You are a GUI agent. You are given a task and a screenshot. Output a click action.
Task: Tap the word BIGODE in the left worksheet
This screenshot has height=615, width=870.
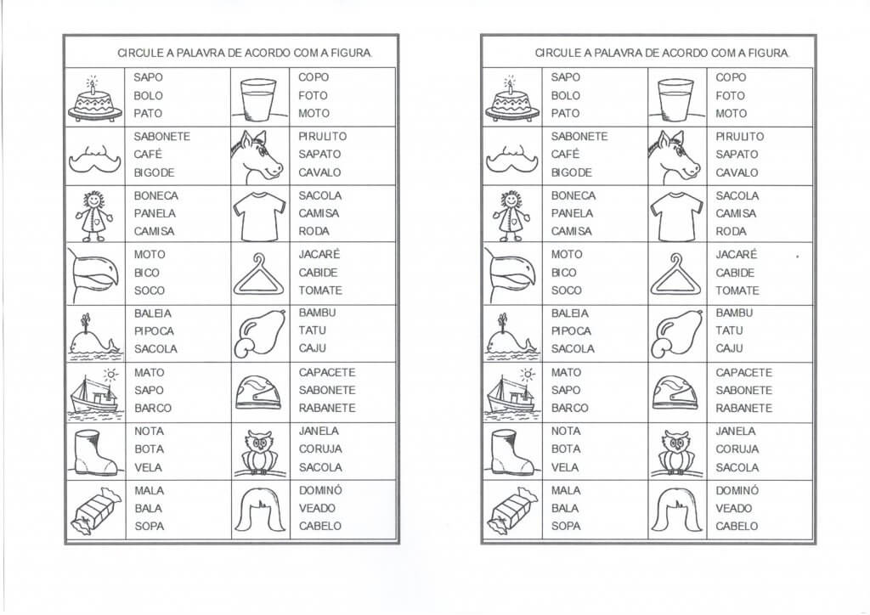tap(154, 172)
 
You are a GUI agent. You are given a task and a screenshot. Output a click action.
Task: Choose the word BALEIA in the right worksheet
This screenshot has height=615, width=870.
tap(569, 313)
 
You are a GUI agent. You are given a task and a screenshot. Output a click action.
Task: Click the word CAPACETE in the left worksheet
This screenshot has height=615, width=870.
tap(327, 372)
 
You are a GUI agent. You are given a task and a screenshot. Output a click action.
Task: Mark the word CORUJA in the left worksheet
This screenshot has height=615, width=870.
tap(320, 449)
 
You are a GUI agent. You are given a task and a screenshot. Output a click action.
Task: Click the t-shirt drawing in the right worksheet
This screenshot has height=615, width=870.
tap(676, 214)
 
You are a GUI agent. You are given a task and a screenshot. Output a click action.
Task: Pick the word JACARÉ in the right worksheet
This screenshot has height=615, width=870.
tap(736, 254)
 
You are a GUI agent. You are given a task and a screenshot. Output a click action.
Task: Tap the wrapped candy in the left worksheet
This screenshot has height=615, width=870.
tap(94, 513)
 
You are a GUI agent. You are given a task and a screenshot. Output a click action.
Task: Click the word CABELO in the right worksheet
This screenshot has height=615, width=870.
tap(737, 526)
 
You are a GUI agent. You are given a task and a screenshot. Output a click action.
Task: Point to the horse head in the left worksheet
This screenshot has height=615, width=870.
tap(257, 156)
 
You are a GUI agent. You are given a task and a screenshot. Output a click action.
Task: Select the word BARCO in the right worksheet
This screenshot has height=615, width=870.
tap(570, 408)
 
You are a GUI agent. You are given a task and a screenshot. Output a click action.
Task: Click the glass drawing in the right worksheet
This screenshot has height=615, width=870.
tap(676, 98)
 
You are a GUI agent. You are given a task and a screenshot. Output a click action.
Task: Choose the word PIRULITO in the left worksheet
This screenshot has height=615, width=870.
tap(323, 136)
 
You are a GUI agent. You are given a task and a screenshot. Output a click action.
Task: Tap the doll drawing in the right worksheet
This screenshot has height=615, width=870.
tap(511, 214)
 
